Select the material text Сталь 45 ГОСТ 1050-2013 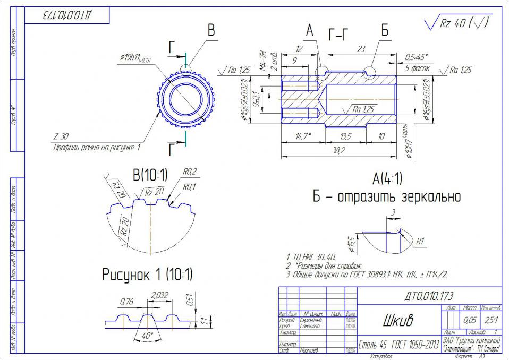pyautogui.click(x=398, y=344)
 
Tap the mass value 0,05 pyautogui.click(x=470, y=320)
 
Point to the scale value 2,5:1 pyautogui.click(x=491, y=320)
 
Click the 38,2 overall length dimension pyautogui.click(x=338, y=151)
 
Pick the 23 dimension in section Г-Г pyautogui.click(x=361, y=48)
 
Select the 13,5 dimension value pyautogui.click(x=346, y=136)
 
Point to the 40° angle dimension pyautogui.click(x=148, y=336)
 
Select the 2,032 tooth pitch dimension pyautogui.click(x=160, y=295)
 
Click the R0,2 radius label pyautogui.click(x=190, y=172)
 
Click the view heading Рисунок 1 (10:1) pyautogui.click(x=147, y=275)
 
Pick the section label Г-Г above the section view pyautogui.click(x=339, y=35)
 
